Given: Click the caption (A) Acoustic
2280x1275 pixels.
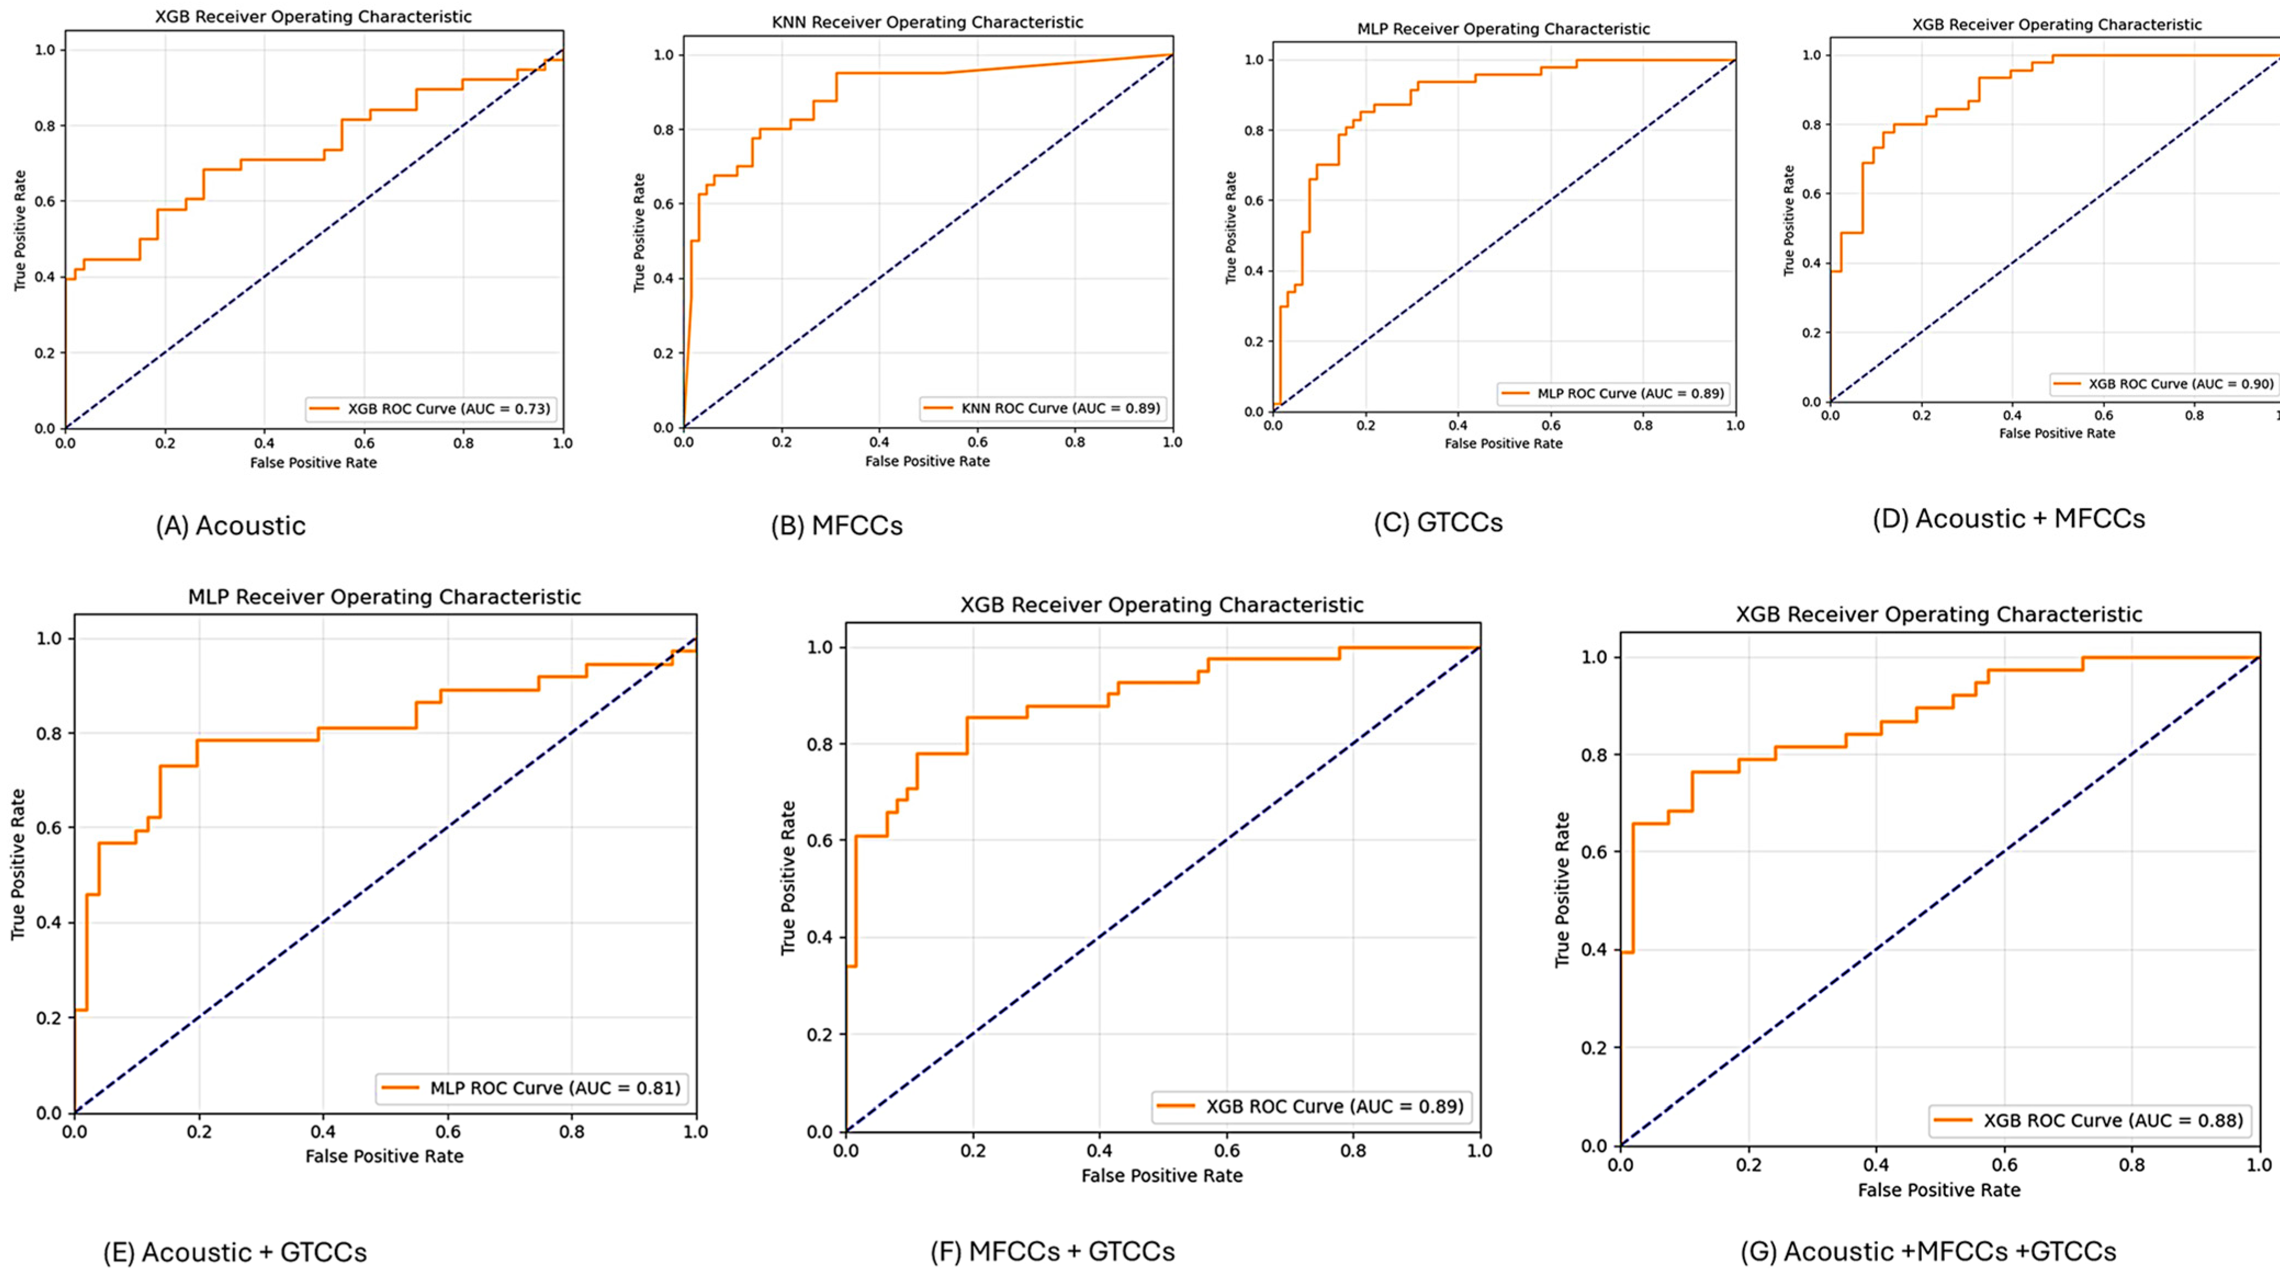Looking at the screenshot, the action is pos(231,526).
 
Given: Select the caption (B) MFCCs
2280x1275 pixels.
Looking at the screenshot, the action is pos(837,526).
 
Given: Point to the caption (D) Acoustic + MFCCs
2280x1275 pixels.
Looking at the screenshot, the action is pos(2009,519).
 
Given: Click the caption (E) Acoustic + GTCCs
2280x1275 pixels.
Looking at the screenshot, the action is pos(235,1252).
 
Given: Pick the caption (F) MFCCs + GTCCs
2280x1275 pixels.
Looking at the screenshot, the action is pos(1052,1251).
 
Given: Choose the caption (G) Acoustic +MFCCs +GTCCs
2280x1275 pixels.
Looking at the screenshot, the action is pos(1928,1251).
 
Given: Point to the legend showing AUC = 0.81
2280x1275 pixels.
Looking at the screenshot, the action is pos(532,1088).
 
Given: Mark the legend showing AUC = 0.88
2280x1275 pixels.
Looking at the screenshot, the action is pos(2089,1120).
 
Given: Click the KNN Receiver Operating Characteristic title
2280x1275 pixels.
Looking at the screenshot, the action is pos(928,22).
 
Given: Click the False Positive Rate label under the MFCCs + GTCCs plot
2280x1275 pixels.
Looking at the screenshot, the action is pos(1162,1176).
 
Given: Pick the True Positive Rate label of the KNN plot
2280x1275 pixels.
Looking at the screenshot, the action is pos(640,233).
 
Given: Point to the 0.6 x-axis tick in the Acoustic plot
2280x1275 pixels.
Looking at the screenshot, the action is pos(364,443).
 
